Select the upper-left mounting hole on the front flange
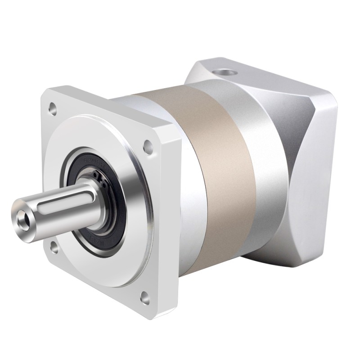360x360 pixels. click(53, 108)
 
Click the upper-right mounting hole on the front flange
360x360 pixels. click(147, 145)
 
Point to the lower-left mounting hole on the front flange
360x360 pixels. click(53, 246)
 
